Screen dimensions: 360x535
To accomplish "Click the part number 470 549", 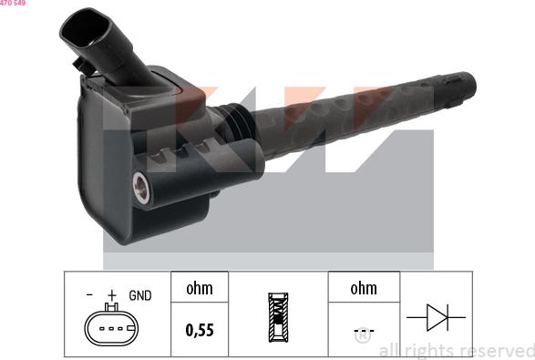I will pyautogui.click(x=13, y=4).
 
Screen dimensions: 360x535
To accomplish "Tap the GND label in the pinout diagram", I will pyautogui.click(x=139, y=295).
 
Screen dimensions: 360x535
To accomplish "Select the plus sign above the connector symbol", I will pyautogui.click(x=112, y=295).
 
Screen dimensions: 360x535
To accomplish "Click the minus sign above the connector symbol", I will pyautogui.click(x=89, y=295).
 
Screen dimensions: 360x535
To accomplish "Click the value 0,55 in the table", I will pyautogui.click(x=199, y=330).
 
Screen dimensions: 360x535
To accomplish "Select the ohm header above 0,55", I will pyautogui.click(x=199, y=289).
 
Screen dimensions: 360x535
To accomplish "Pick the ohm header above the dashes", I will pyautogui.click(x=363, y=289).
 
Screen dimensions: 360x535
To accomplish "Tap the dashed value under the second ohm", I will pyautogui.click(x=363, y=330).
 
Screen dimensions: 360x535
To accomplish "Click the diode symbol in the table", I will pyautogui.click(x=436, y=317).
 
